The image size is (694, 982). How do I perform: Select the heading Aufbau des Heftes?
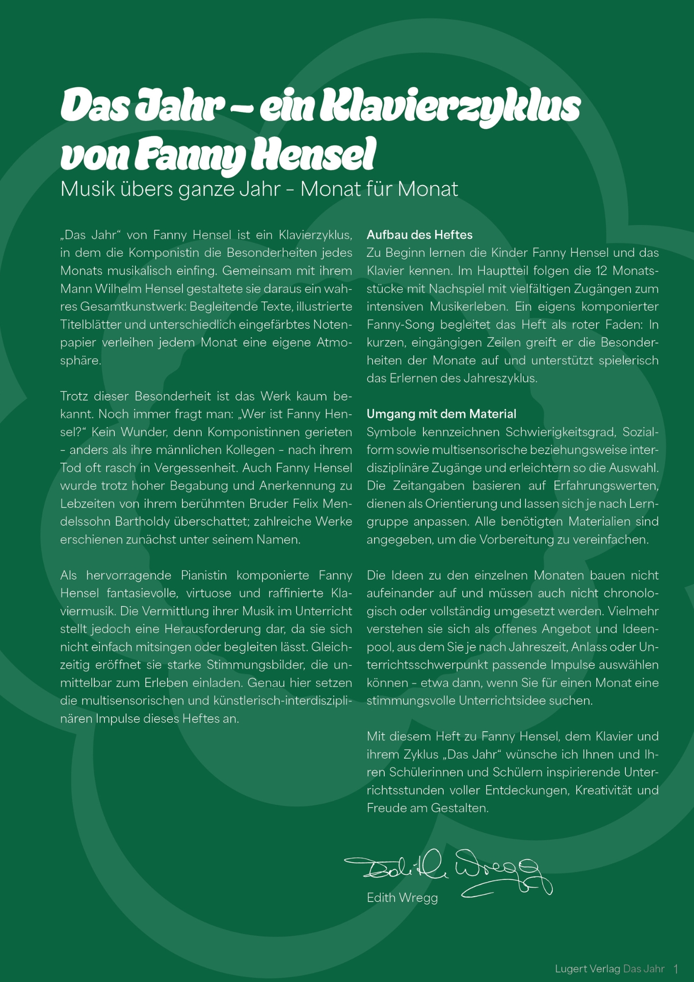(419, 235)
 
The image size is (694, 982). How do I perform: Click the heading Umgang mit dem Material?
(441, 414)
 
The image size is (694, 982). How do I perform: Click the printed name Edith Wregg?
(402, 898)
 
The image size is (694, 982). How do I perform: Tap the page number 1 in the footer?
(676, 969)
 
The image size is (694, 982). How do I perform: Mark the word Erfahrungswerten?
(606, 486)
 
